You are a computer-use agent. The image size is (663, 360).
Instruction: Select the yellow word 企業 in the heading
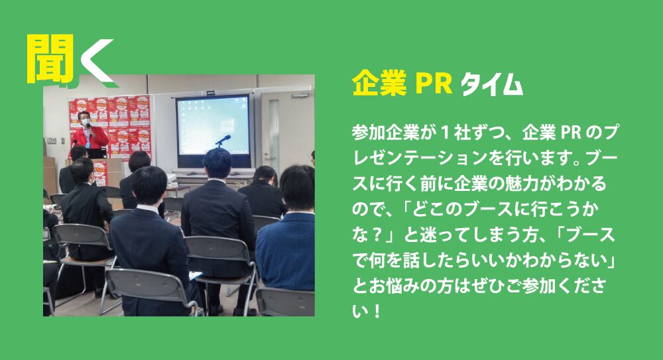coord(379,84)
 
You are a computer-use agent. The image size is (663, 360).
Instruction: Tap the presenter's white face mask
coord(86,122)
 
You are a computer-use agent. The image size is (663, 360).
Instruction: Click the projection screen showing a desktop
coord(213,126)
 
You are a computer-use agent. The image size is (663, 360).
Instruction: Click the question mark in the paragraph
coord(379,235)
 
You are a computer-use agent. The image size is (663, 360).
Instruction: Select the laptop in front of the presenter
coord(97,153)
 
